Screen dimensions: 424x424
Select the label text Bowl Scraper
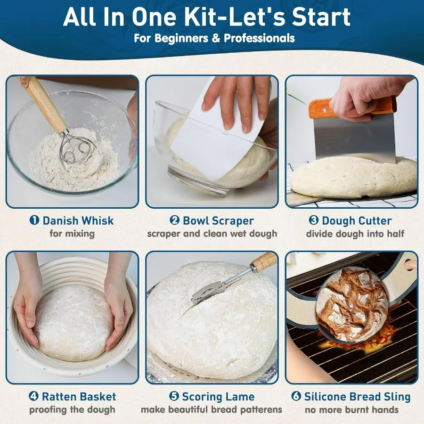coord(218,220)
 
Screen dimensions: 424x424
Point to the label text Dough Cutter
coord(357,220)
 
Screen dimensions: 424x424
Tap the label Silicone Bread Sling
coord(357,397)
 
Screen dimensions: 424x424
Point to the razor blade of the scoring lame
coord(206,293)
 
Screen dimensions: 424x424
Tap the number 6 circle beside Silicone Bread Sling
coord(296,397)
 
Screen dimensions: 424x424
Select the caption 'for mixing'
coord(72,233)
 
